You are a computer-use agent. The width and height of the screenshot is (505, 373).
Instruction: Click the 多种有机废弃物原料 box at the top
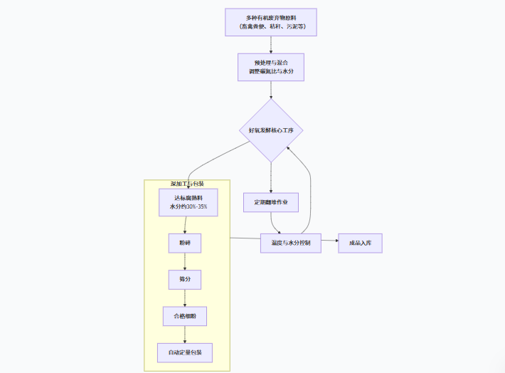270,21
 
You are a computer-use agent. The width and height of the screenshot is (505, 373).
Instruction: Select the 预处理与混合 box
270,68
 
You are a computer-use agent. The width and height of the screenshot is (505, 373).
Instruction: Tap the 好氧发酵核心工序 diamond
271,130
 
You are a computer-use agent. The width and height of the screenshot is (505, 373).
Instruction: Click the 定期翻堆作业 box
270,202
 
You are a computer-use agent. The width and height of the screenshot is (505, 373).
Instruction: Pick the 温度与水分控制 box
291,243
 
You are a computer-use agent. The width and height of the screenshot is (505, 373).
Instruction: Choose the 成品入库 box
360,243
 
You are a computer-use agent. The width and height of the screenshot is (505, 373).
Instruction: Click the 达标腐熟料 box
188,202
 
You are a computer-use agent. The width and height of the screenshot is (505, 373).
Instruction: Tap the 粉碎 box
185,243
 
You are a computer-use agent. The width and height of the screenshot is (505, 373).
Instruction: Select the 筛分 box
185,279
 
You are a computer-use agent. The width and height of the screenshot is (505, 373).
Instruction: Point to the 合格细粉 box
185,315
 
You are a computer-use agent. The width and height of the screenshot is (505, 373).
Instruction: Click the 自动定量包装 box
185,352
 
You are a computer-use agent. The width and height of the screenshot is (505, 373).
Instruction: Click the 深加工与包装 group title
187,184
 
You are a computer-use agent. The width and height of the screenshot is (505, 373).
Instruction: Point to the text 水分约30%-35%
188,207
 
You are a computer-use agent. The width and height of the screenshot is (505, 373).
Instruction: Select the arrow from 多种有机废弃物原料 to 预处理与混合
271,44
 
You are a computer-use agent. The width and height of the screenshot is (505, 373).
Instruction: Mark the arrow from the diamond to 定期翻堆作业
271,177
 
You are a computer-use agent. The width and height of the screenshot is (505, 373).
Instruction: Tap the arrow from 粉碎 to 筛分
185,261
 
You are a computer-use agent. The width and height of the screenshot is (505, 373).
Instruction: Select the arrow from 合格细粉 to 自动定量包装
185,334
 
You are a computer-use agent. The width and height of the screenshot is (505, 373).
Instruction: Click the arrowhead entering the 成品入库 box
335,243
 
